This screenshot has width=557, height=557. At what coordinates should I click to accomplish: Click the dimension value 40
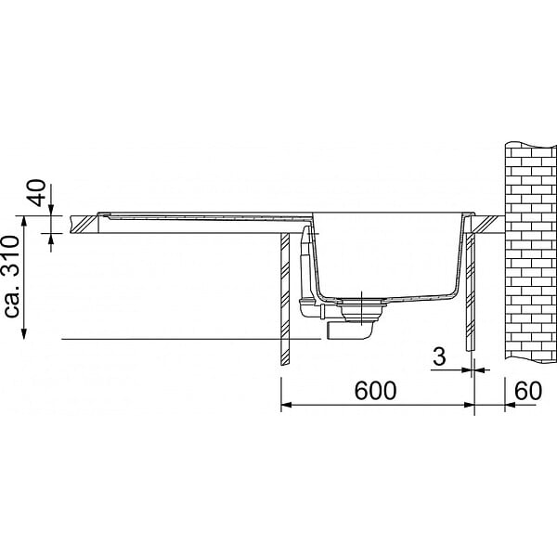[x=37, y=193]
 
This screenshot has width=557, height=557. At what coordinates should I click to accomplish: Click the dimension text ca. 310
[x=11, y=277]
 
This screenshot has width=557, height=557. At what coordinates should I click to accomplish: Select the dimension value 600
[x=375, y=391]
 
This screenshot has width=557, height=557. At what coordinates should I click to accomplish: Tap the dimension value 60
[x=528, y=391]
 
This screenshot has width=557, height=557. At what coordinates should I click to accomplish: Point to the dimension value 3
[x=439, y=356]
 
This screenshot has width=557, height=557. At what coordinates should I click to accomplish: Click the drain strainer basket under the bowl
[x=360, y=310]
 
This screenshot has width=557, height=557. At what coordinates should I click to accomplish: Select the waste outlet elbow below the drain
[x=350, y=331]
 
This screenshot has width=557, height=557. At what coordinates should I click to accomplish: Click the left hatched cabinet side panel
[x=285, y=299]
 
